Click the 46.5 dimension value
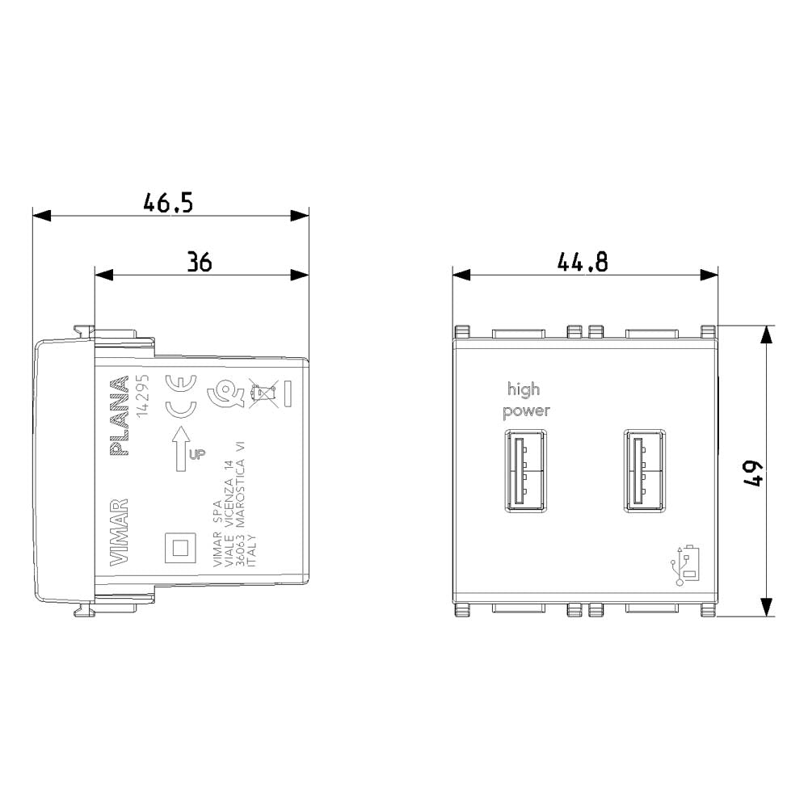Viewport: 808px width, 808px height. pos(168,202)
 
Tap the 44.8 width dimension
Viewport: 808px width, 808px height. pos(583,261)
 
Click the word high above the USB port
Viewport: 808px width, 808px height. pos(524,389)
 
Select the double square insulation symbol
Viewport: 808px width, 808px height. pos(179,547)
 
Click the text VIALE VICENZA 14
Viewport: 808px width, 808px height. pos(229,507)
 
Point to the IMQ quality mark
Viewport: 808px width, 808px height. pos(221,395)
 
